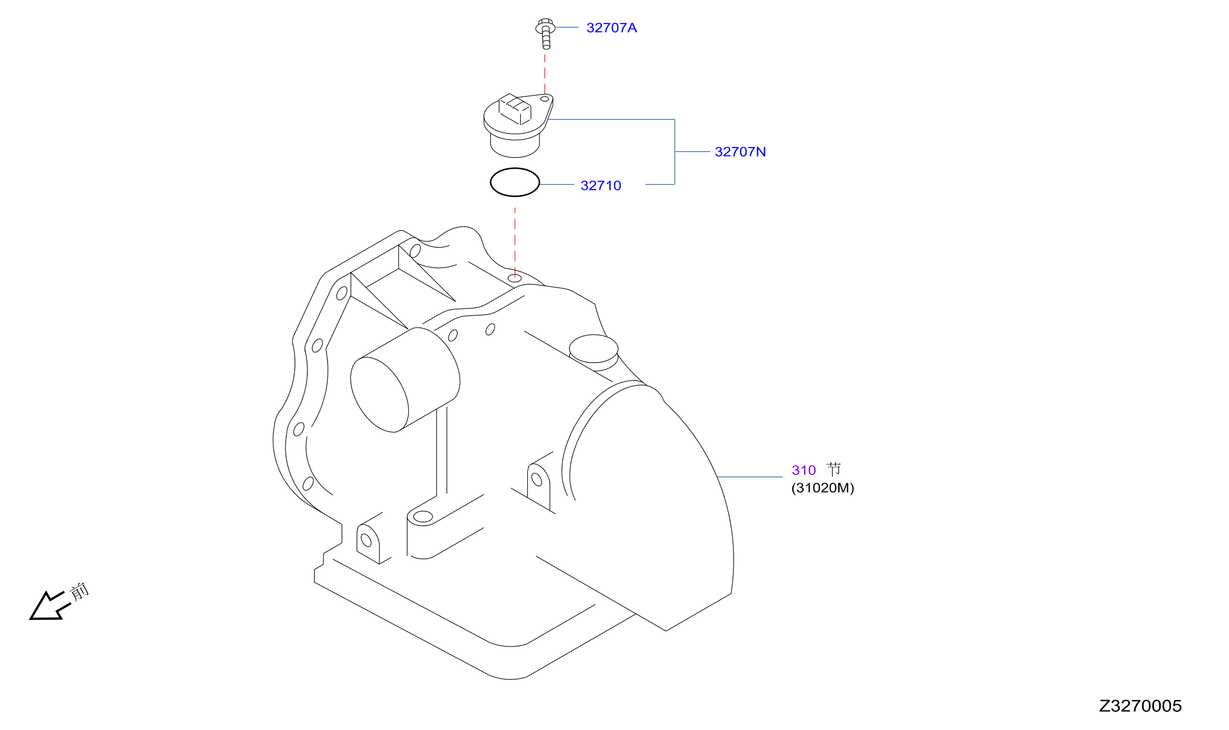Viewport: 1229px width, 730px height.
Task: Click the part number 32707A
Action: point(611,28)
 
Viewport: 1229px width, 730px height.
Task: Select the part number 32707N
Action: point(740,152)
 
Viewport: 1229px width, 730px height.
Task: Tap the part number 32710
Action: point(600,186)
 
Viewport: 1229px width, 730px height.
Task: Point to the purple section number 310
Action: point(803,471)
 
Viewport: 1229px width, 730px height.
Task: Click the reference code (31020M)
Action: point(822,488)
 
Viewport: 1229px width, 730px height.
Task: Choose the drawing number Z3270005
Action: point(1140,706)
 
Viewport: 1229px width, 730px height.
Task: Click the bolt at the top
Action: point(545,33)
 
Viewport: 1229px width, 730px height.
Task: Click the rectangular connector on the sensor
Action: point(515,109)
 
